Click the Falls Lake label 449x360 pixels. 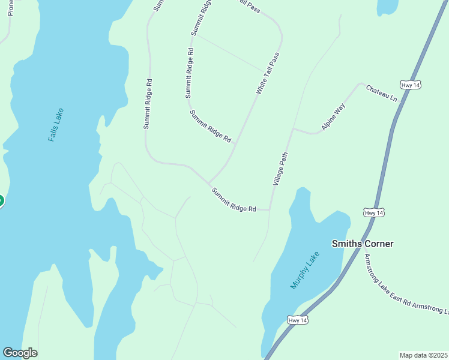(55, 125)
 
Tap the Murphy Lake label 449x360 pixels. (306, 271)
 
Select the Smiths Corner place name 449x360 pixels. (363, 244)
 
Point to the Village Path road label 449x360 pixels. (281, 168)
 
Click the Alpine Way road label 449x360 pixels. (334, 117)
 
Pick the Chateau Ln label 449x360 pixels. (382, 92)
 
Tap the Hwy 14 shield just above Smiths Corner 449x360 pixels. (373, 213)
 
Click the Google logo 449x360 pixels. (20, 353)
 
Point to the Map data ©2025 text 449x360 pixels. (423, 355)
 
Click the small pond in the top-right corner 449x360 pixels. (387, 6)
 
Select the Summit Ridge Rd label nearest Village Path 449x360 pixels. (234, 200)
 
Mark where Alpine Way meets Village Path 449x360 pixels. (292, 128)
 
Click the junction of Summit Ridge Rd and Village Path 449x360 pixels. (270, 210)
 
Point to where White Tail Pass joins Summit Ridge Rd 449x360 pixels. (209, 183)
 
